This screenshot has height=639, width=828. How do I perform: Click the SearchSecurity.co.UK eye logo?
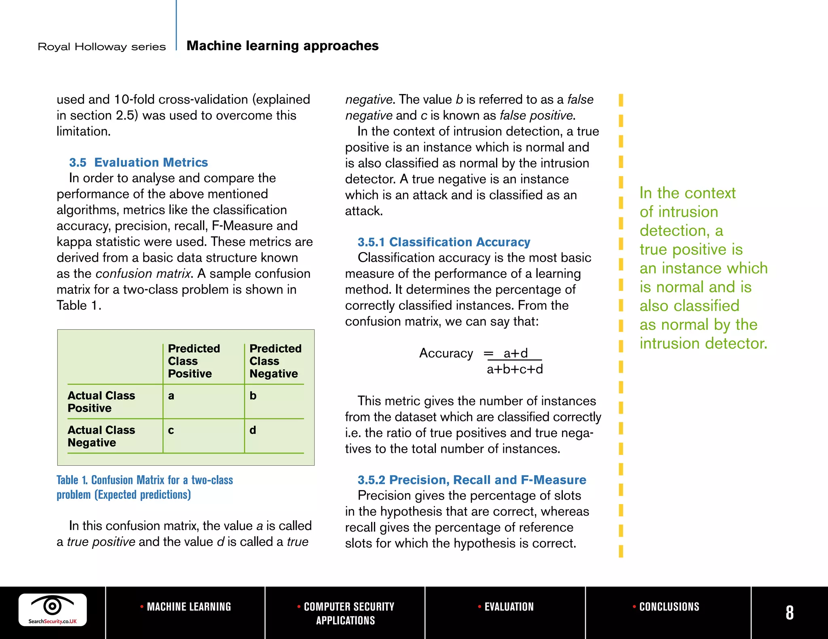(x=53, y=610)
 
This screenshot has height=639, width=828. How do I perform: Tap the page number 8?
(x=789, y=613)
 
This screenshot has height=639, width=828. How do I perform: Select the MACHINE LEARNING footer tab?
(x=186, y=607)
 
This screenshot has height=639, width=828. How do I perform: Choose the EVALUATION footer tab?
(x=506, y=607)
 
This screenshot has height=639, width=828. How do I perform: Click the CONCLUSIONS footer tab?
(x=666, y=607)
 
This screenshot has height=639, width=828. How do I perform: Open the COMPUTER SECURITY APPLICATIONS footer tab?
(x=346, y=613)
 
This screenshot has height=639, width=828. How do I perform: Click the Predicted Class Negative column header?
(x=275, y=361)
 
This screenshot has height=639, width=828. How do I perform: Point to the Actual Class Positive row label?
(x=101, y=401)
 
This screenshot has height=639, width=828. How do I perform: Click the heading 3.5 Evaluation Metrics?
(x=138, y=162)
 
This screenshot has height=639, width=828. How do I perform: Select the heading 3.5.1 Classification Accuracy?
(x=444, y=242)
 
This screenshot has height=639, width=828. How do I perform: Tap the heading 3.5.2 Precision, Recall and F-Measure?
(x=471, y=480)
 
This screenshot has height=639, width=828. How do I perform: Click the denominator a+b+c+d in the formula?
(x=515, y=369)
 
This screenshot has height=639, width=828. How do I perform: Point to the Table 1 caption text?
(x=144, y=487)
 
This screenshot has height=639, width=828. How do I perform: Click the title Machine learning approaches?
(x=282, y=46)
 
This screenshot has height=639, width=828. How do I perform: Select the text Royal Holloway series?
(x=101, y=47)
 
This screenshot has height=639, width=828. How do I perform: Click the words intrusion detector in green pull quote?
(x=703, y=343)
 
